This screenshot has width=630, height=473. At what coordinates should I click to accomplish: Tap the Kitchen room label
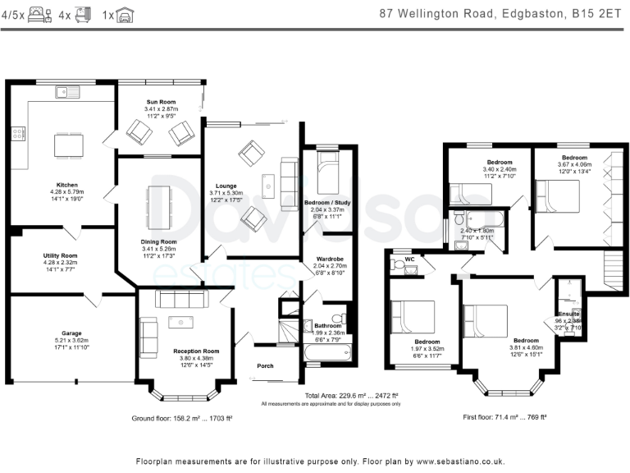(x=66, y=184)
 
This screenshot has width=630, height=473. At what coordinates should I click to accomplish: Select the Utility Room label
(x=60, y=256)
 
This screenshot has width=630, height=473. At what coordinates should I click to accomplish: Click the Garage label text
(x=71, y=333)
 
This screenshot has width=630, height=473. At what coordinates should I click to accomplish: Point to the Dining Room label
(x=159, y=241)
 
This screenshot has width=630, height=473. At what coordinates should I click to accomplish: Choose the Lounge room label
(x=226, y=186)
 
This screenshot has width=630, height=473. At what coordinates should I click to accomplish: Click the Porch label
(x=265, y=365)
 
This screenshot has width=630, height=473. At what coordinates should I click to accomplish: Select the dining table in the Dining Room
(x=159, y=203)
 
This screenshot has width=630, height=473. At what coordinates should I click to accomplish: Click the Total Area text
(x=331, y=396)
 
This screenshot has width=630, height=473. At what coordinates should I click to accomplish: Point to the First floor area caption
(x=504, y=417)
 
